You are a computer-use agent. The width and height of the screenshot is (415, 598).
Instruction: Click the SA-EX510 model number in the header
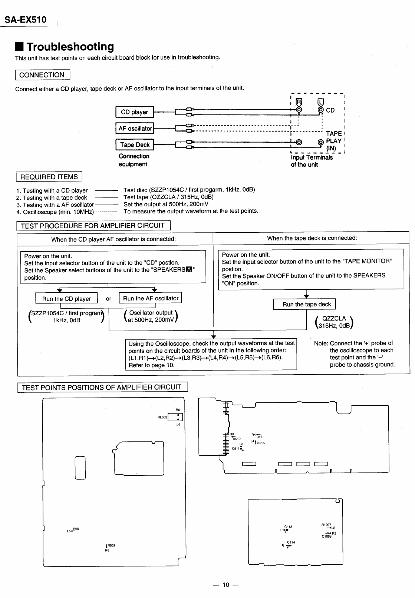click(25, 19)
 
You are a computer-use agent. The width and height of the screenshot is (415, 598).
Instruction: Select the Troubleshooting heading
click(70, 47)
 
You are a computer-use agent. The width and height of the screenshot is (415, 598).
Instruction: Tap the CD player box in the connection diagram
click(134, 112)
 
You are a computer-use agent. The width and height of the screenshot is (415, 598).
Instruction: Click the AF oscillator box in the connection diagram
click(135, 129)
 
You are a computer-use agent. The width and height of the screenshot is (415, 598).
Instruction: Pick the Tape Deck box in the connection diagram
click(135, 145)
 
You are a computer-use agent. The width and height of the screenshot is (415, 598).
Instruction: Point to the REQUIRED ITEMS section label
click(49, 177)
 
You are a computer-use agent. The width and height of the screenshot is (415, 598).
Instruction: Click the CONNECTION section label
click(42, 75)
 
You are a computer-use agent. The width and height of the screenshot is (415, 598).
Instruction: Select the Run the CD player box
click(66, 299)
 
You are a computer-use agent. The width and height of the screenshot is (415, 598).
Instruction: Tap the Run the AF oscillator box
click(151, 298)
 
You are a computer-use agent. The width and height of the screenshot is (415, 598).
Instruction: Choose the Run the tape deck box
click(307, 304)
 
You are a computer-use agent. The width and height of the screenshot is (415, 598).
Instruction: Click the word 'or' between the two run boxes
click(109, 299)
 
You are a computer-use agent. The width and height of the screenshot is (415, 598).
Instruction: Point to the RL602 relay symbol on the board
click(175, 417)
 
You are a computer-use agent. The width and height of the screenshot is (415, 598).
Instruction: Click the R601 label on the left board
click(77, 529)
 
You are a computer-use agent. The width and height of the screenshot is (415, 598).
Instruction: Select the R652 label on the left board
click(111, 545)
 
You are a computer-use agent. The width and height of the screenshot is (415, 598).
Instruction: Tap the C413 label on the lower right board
click(288, 526)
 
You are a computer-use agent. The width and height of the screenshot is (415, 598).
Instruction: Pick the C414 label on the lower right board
click(291, 542)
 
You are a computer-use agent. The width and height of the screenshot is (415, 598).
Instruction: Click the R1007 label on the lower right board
click(326, 525)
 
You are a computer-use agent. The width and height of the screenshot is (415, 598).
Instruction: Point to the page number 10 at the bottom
click(225, 585)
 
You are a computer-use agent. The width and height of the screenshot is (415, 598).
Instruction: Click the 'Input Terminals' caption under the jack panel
click(312, 157)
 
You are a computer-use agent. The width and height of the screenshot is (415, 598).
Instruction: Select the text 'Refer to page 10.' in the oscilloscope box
click(151, 365)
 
